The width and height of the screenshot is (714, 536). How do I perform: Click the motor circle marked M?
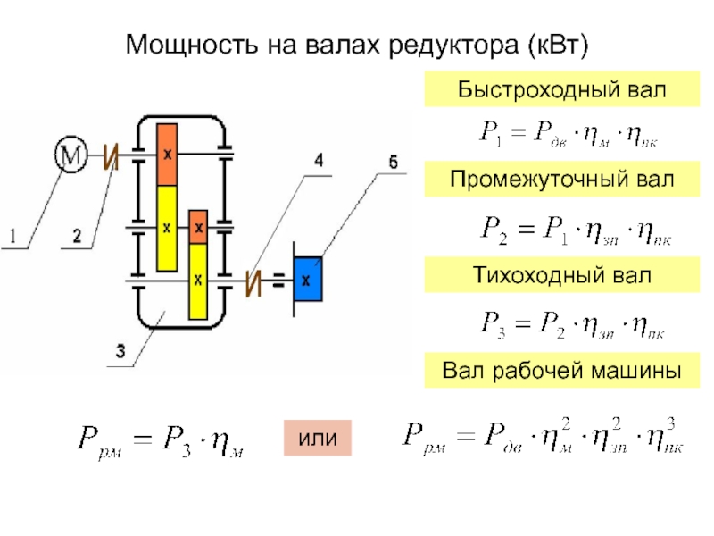71,156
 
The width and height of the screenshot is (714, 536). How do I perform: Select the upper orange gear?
167,154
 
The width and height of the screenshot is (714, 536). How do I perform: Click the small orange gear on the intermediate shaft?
198,227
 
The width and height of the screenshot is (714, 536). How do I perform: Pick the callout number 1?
12,237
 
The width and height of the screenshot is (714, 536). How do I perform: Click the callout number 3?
119,351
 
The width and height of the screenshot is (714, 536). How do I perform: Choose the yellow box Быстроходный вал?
550,90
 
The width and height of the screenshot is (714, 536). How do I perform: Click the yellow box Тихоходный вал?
550,275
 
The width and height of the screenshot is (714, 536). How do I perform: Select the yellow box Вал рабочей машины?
550,368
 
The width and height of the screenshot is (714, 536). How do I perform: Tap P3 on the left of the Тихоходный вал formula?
493,322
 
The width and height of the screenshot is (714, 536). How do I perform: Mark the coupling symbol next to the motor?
110,158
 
